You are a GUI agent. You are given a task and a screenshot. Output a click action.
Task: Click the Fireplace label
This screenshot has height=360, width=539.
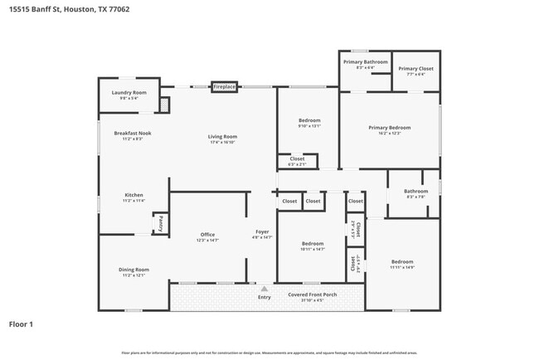tap(224, 86)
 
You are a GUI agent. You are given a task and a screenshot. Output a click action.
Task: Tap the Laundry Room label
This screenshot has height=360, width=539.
tap(129, 92)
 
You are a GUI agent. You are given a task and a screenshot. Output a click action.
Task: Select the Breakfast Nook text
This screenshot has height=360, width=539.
tap(133, 133)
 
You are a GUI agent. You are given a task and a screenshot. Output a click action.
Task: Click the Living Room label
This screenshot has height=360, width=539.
tap(222, 136)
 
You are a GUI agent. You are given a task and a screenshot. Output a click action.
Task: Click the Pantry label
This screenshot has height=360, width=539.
tap(160, 223)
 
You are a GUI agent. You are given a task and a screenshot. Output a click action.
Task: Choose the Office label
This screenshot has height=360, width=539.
tap(207, 235)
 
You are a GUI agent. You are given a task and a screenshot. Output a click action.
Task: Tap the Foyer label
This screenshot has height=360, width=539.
tap(261, 231)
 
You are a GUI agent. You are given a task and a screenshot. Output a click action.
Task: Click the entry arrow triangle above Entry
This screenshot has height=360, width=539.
tap(265, 288)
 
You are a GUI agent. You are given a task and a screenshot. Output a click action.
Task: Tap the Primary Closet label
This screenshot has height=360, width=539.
tap(415, 69)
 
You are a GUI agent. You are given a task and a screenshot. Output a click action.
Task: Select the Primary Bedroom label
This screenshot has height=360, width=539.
tap(389, 128)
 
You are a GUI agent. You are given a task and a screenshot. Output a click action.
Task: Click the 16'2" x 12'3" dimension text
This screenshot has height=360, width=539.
tap(389, 134)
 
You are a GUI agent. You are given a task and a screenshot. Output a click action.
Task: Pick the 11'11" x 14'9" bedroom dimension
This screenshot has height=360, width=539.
tap(401, 267)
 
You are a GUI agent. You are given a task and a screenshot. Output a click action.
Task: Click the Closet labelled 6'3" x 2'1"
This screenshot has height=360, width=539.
tap(297, 158)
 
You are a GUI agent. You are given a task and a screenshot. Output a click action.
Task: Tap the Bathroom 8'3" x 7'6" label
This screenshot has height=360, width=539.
tap(415, 192)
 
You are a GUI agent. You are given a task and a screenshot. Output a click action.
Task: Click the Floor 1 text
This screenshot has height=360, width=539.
tap(21, 324)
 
